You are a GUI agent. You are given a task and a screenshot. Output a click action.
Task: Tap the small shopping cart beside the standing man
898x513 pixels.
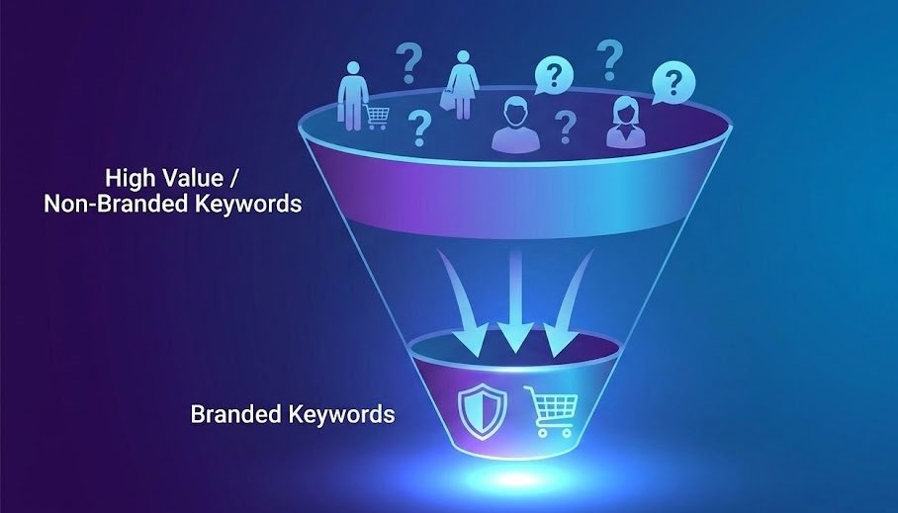(x=377, y=117)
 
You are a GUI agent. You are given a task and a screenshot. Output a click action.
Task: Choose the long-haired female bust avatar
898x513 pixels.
(x=625, y=122)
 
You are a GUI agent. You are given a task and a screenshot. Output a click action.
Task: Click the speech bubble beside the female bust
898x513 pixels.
(x=673, y=82)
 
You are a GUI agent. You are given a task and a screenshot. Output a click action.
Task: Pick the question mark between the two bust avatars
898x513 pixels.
(x=565, y=128)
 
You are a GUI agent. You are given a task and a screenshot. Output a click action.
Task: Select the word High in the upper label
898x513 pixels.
(x=131, y=179)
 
